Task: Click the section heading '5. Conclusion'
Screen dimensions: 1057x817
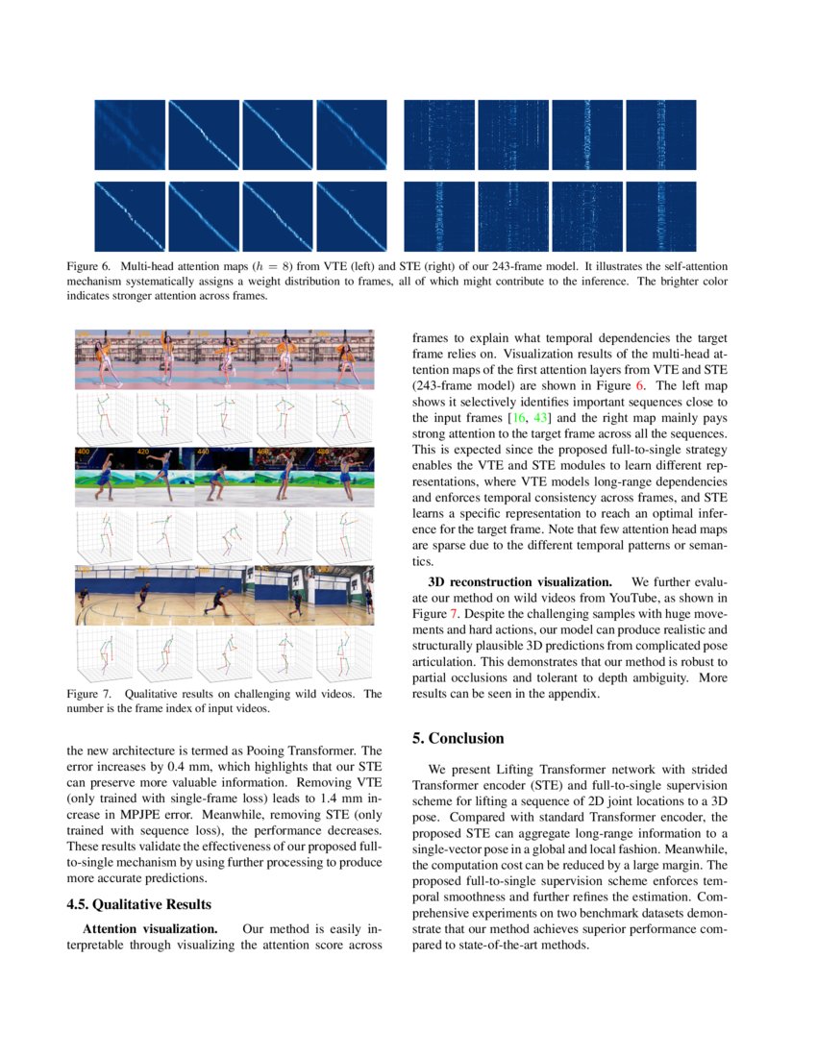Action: click(x=458, y=738)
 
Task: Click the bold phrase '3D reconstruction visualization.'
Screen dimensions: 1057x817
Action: click(x=519, y=581)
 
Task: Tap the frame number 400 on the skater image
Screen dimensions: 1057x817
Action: click(x=84, y=451)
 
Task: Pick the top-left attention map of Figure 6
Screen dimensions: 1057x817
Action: click(x=130, y=135)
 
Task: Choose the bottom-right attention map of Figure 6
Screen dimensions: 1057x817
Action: click(x=660, y=216)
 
